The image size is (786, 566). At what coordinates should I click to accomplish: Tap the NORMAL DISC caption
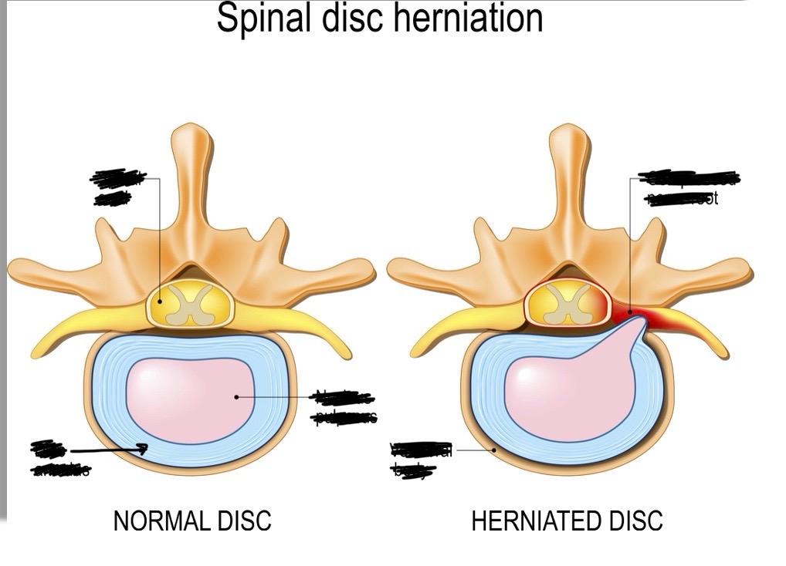click(192, 521)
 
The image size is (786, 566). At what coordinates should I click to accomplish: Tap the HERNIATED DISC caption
click(567, 521)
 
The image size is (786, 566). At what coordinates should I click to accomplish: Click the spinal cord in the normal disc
click(189, 303)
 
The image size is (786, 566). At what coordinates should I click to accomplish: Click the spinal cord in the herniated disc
click(567, 303)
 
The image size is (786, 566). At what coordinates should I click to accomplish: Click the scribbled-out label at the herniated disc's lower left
click(422, 460)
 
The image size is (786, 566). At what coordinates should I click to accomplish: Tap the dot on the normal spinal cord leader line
click(160, 302)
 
